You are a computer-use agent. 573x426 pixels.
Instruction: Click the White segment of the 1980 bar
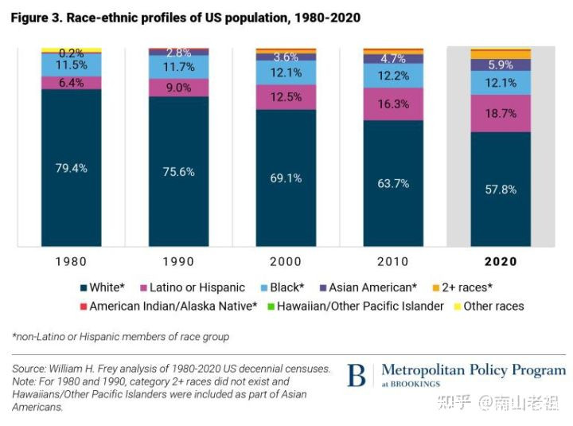72,167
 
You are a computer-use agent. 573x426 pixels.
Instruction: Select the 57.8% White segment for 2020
501,190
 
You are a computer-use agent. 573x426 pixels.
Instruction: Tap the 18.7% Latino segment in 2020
501,113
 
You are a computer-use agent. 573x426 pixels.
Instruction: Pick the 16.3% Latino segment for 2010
393,104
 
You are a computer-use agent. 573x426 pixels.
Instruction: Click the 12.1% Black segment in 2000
286,72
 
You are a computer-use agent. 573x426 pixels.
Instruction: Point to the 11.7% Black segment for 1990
179,67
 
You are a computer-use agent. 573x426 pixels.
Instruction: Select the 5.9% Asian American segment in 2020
501,64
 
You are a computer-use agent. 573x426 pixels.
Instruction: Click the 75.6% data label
179,171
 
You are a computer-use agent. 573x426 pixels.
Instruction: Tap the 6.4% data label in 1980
72,82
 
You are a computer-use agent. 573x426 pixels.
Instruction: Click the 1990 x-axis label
179,261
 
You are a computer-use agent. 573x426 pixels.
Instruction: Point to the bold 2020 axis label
501,261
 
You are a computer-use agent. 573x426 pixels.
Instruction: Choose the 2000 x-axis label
286,261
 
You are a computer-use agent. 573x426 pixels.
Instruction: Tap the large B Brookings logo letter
357,376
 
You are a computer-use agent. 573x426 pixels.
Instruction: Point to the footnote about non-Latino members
120,337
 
